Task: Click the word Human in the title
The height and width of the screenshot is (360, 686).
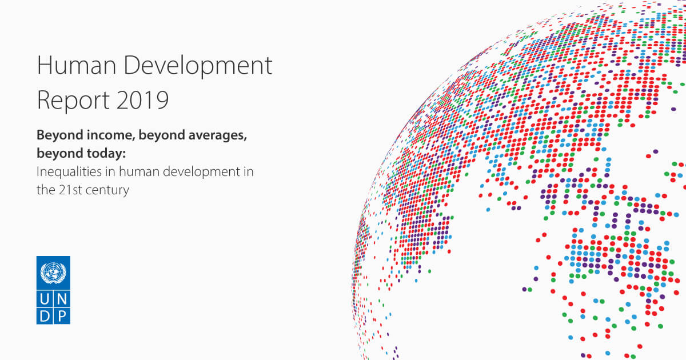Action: [77, 65]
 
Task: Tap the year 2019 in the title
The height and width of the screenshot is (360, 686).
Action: [143, 100]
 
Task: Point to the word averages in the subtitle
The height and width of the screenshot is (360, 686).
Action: [217, 135]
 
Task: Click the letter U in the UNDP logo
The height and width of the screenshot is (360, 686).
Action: [45, 299]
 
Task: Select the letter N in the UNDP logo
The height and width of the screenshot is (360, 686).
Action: [62, 299]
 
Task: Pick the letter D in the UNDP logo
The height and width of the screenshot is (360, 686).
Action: [45, 316]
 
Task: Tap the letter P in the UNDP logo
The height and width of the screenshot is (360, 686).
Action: [62, 316]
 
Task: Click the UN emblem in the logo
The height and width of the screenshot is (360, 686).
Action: [53, 273]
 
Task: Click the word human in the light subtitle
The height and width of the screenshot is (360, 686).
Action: [139, 172]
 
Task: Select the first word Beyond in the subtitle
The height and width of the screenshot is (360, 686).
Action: [60, 135]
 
